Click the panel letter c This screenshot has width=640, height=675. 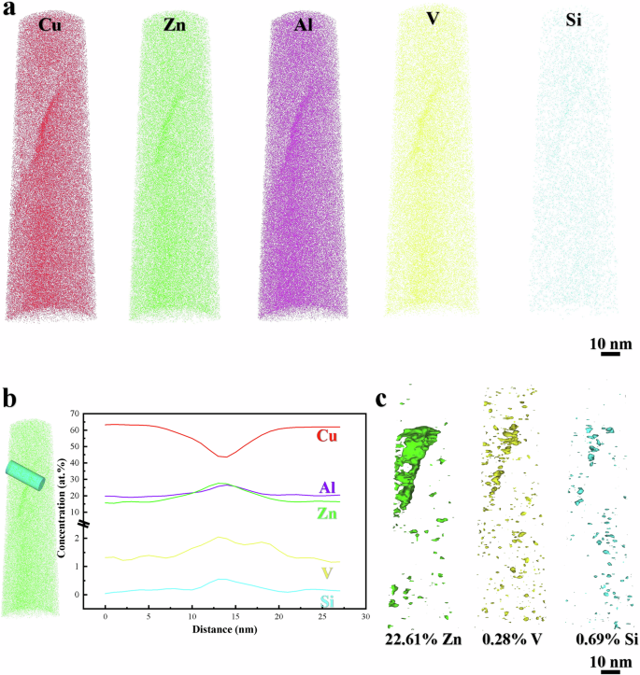382,397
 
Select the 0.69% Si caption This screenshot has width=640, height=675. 598,640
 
